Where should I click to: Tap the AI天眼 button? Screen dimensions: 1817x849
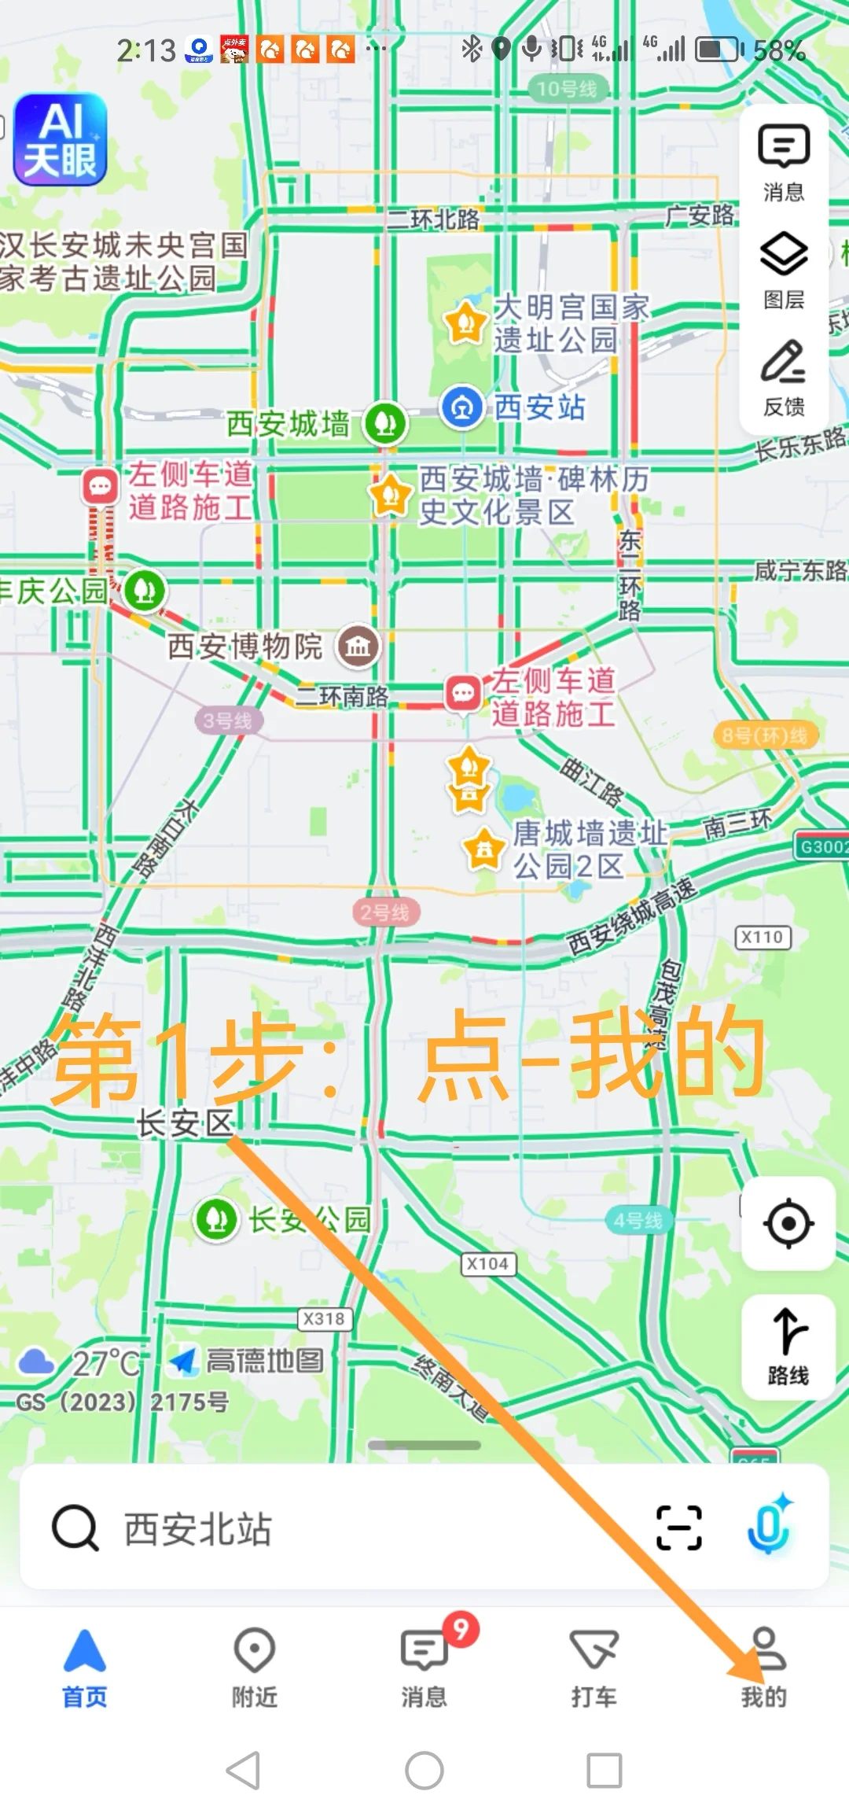coord(60,140)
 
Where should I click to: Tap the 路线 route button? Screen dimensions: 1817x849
coord(788,1346)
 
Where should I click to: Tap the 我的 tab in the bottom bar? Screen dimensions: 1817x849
coord(764,1667)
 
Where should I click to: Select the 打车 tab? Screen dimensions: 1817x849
coord(594,1667)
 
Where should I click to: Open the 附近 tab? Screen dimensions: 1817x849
coord(255,1667)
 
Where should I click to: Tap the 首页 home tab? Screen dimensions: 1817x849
coord(85,1667)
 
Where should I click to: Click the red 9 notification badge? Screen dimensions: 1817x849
coord(461,1629)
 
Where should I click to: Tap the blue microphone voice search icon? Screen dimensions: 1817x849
coord(769,1527)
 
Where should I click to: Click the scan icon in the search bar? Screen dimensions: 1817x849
coord(678,1527)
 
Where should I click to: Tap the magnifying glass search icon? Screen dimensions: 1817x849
coord(75,1527)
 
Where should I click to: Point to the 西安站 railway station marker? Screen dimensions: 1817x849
coord(462,407)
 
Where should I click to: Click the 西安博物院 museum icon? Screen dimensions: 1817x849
coord(358,647)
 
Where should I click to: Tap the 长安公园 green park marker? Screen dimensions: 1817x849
coord(217,1219)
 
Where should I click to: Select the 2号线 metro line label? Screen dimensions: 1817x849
coord(385,912)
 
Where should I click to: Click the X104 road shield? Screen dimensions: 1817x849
coord(487,1264)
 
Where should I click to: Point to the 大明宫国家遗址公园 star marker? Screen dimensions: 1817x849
coord(465,322)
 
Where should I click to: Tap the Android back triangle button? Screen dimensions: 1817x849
coord(244,1771)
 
